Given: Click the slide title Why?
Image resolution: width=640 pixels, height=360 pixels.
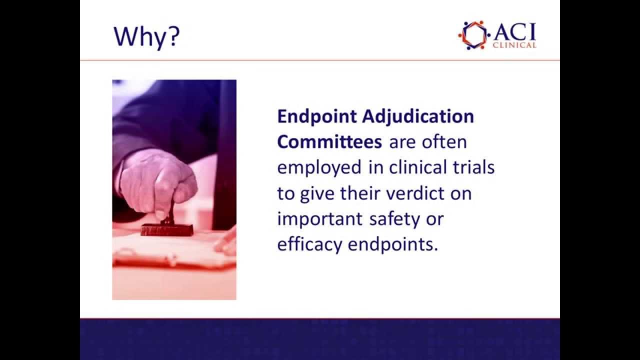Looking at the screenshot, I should click(146, 36).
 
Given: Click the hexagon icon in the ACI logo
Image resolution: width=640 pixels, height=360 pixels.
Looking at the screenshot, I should click(473, 34).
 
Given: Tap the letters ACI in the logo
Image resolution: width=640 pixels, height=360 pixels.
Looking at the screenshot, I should click(514, 31).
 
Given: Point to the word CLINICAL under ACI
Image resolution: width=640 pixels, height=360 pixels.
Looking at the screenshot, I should click(514, 45).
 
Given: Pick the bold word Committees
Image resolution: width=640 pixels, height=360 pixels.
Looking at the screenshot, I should click(329, 142).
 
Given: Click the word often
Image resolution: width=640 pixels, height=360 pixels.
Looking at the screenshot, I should click(444, 142).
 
